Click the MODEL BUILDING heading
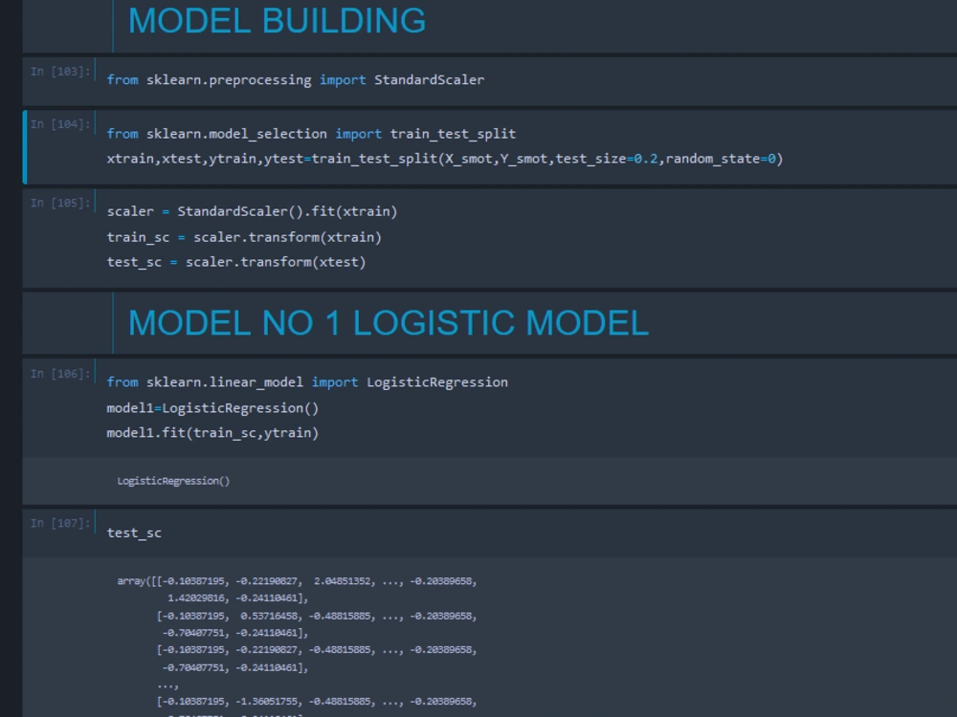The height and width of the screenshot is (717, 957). (x=277, y=21)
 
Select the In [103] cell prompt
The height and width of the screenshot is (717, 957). (x=60, y=72)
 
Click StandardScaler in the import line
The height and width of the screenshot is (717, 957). (x=429, y=80)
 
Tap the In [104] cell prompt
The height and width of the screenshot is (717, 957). (x=60, y=124)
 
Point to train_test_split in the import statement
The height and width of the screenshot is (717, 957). (x=453, y=134)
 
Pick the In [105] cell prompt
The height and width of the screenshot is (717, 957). (x=60, y=203)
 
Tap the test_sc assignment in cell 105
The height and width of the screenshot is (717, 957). (x=134, y=262)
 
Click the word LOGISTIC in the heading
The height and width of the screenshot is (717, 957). (x=434, y=323)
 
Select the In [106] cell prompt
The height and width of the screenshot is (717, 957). (x=60, y=374)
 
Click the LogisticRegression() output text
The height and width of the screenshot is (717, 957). (x=173, y=481)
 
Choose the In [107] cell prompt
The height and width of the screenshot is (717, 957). (x=60, y=524)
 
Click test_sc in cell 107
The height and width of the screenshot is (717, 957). (x=134, y=533)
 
